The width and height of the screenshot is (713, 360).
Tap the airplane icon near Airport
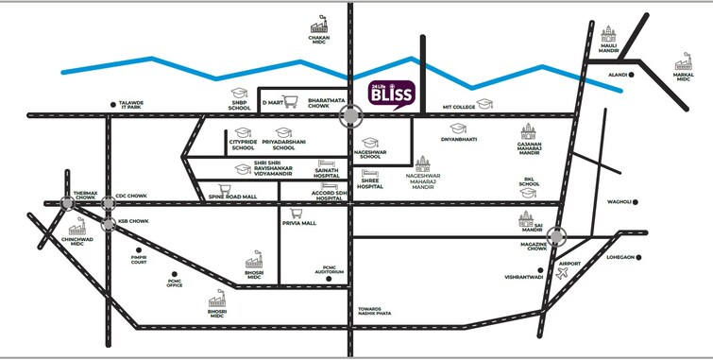tap(566, 274)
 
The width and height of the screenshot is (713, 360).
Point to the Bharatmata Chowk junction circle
tap(352, 115)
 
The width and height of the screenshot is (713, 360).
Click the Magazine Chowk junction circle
tap(558, 237)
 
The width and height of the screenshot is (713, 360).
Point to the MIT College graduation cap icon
tap(484, 103)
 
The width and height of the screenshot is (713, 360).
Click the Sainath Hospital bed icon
tap(327, 162)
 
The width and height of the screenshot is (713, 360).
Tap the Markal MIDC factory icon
tap(683, 63)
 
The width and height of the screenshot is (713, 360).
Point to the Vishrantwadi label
tap(523, 277)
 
